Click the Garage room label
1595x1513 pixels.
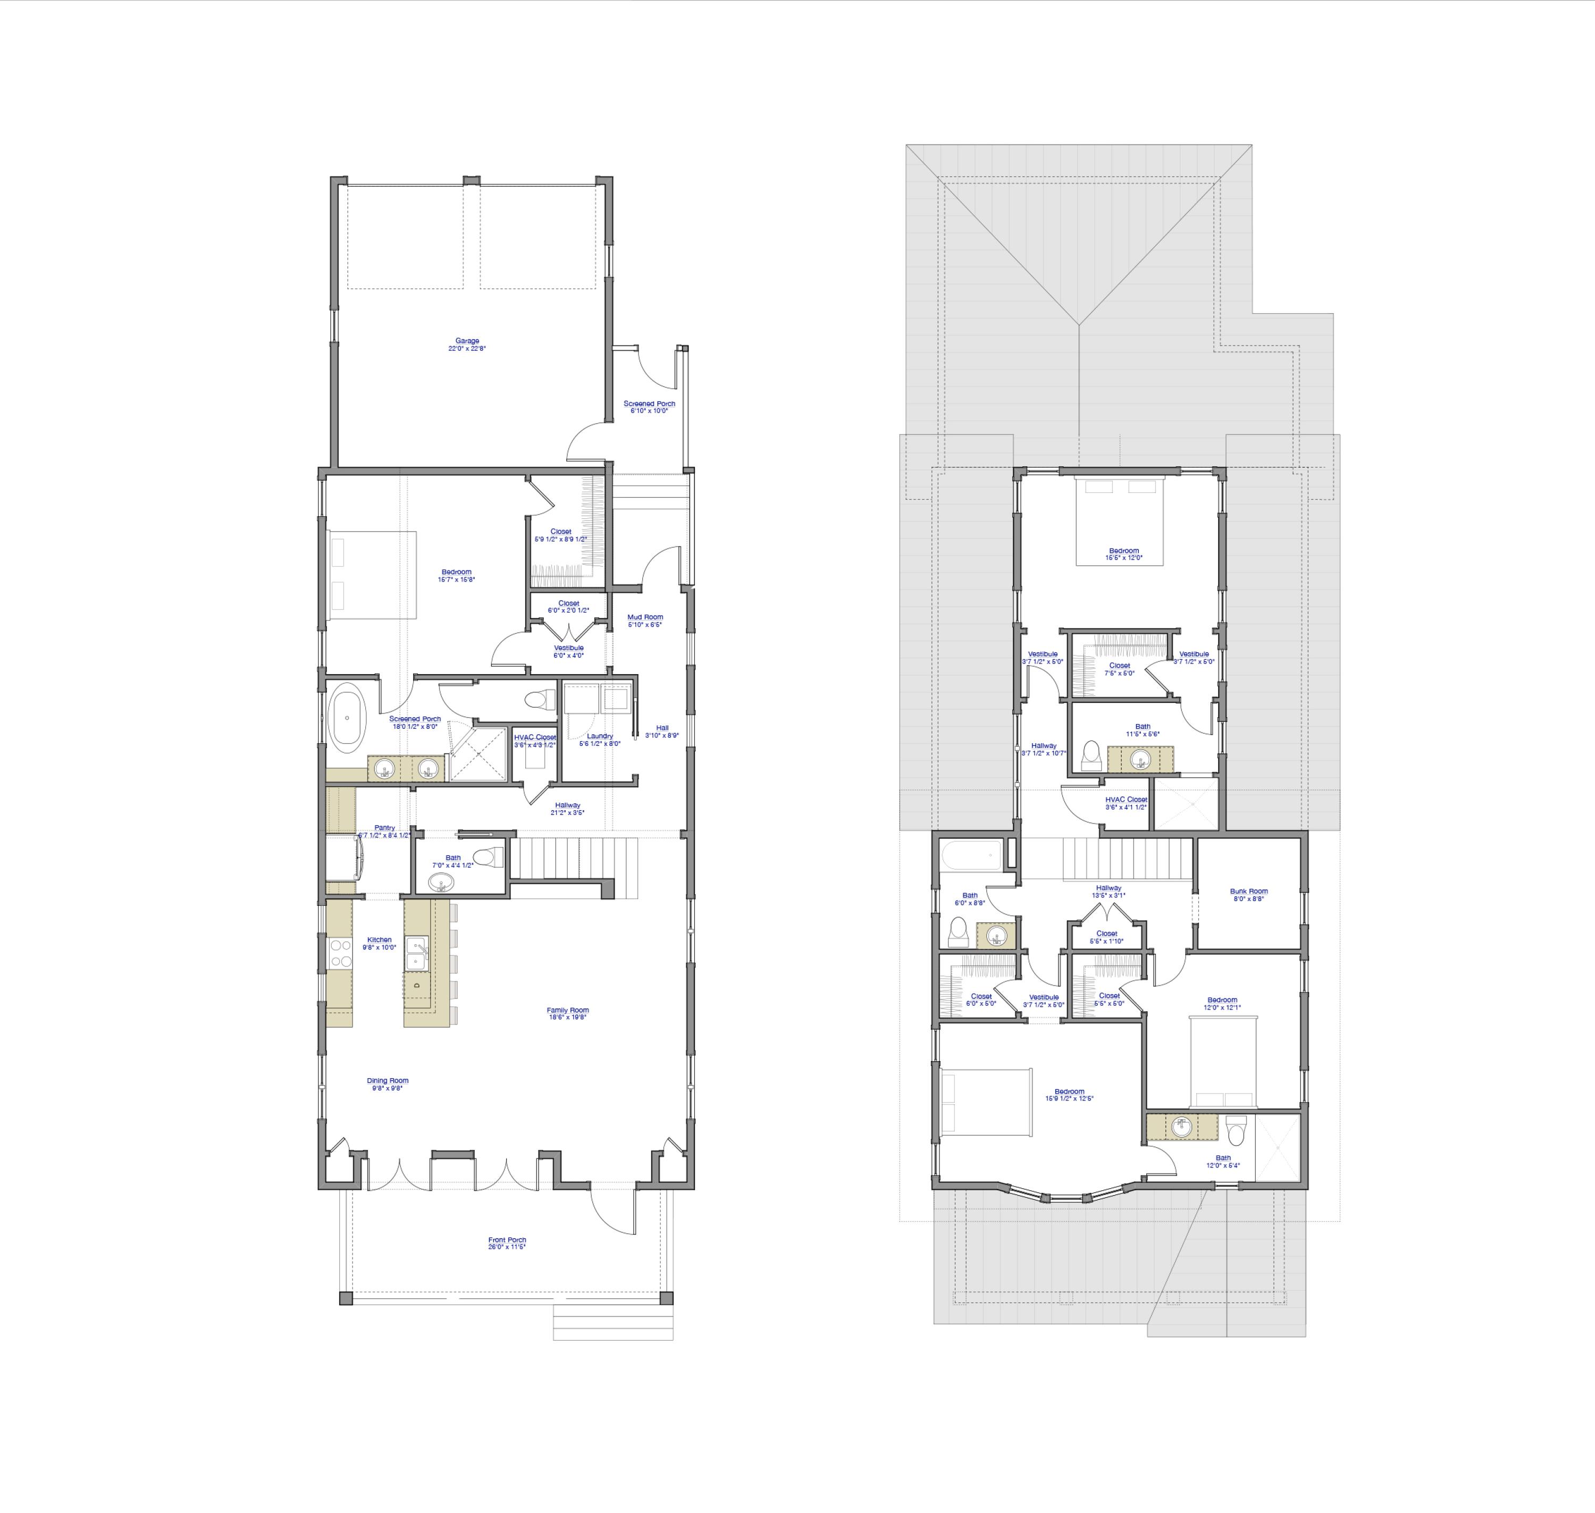(x=467, y=341)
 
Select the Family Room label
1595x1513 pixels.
(x=568, y=1010)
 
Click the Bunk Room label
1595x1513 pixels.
(x=1248, y=891)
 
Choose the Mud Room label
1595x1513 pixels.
(x=645, y=617)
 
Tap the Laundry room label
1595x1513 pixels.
(x=600, y=736)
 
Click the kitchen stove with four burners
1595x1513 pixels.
(x=340, y=953)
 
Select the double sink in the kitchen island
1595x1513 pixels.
(x=417, y=953)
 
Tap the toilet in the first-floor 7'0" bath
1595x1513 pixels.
(x=487, y=856)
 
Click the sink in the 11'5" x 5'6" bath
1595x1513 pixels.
(x=1139, y=759)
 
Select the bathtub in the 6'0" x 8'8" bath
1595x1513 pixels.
(x=972, y=854)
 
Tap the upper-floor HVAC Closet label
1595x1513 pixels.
(x=1126, y=799)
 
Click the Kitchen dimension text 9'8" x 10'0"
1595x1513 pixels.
(x=379, y=948)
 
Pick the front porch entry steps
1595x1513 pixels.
(x=613, y=1323)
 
